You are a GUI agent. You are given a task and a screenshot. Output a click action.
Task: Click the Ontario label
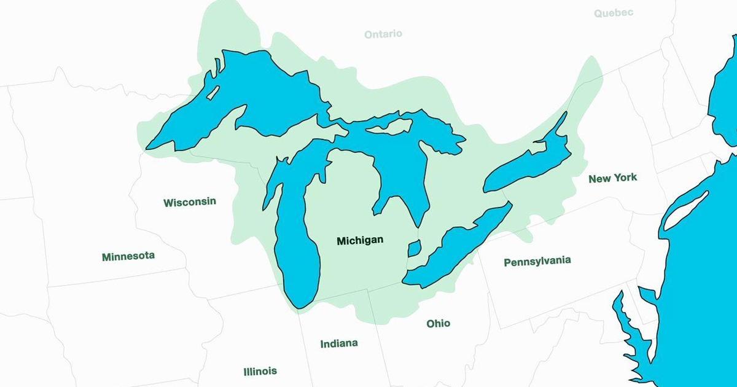[x=383, y=34]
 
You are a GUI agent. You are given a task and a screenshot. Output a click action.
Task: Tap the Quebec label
[x=614, y=12]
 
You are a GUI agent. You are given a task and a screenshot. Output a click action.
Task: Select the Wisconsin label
[x=189, y=202]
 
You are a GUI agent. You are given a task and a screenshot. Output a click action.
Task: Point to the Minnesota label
[x=128, y=256]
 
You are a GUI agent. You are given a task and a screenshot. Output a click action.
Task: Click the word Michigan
[x=360, y=241]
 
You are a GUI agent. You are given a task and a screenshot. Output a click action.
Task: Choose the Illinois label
[x=260, y=371]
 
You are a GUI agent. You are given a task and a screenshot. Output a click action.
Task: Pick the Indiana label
[x=339, y=343]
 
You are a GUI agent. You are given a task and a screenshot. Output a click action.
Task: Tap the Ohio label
[x=439, y=323]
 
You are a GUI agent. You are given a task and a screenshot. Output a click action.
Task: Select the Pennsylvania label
[x=537, y=261]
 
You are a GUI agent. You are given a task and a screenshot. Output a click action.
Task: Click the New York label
[x=612, y=178]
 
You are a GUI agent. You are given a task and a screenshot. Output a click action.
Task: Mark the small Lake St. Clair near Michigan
[x=415, y=248]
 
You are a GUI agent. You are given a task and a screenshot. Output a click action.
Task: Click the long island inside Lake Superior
[x=213, y=93]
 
